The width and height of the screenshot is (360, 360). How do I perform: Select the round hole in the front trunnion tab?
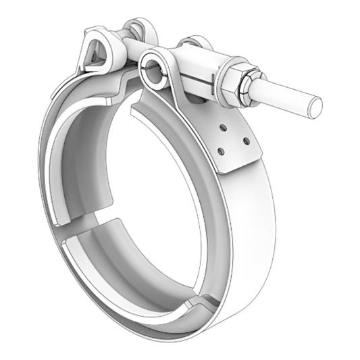pyautogui.click(x=152, y=68)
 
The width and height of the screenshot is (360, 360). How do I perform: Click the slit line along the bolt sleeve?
pyautogui.click(x=203, y=75)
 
